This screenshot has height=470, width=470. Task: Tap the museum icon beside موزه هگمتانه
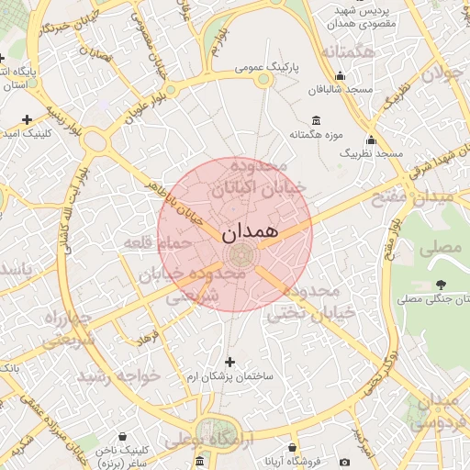317,120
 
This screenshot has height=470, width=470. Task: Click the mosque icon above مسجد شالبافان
341,76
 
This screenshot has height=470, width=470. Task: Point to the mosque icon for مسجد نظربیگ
371,140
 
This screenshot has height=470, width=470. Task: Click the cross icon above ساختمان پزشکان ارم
229,362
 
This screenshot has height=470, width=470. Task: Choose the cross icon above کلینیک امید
27,119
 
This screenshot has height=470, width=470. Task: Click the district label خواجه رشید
118,375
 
